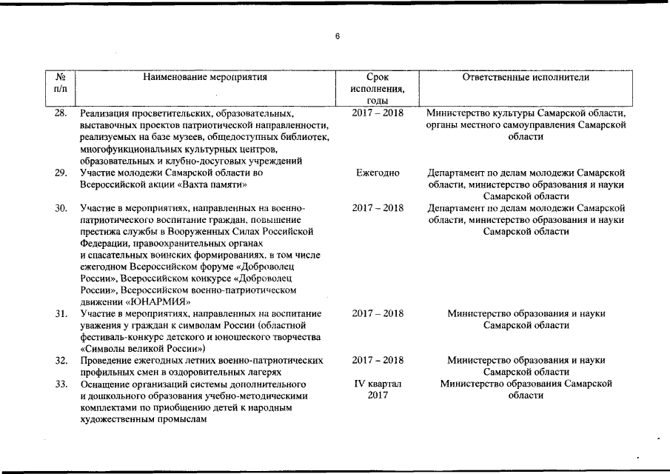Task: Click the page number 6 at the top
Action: pyautogui.click(x=337, y=37)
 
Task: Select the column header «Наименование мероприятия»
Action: pyautogui.click(x=205, y=76)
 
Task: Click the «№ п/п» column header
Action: pyautogui.click(x=61, y=82)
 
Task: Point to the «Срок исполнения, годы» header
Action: pyautogui.click(x=378, y=88)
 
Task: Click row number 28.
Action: pyautogui.click(x=61, y=113)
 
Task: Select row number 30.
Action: pyautogui.click(x=61, y=207)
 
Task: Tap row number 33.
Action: pyautogui.click(x=61, y=384)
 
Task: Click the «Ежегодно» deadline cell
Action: pyautogui.click(x=378, y=173)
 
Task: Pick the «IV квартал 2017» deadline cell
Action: pyautogui.click(x=378, y=390)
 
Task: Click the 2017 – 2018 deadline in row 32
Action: pyautogui.click(x=378, y=360)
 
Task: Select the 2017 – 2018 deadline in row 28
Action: pyautogui.click(x=378, y=113)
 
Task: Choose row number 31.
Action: pyautogui.click(x=61, y=313)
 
